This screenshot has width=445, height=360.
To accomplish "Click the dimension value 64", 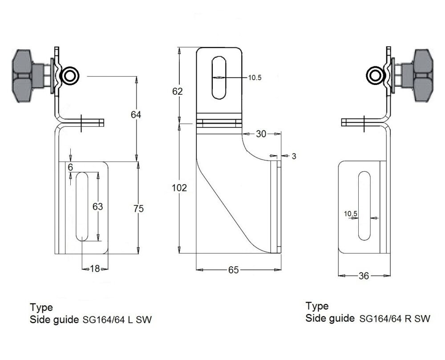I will [136, 115].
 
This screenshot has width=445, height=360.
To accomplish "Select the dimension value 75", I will [140, 208].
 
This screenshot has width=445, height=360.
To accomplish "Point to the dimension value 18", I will [95, 269].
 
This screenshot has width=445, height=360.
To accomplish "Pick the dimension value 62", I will [177, 92].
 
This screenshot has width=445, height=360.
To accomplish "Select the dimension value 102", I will [179, 188].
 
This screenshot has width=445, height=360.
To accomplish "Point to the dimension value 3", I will [294, 156].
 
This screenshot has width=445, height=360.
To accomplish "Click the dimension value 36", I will [364, 276].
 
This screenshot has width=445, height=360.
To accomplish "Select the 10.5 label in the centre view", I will [255, 77].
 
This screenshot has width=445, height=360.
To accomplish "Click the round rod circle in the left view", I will [69, 76].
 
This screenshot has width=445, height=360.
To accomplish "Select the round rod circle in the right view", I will [375, 76].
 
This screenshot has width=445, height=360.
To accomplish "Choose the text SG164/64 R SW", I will [394, 319].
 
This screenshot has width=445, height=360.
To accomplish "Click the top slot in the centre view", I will [219, 77].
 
